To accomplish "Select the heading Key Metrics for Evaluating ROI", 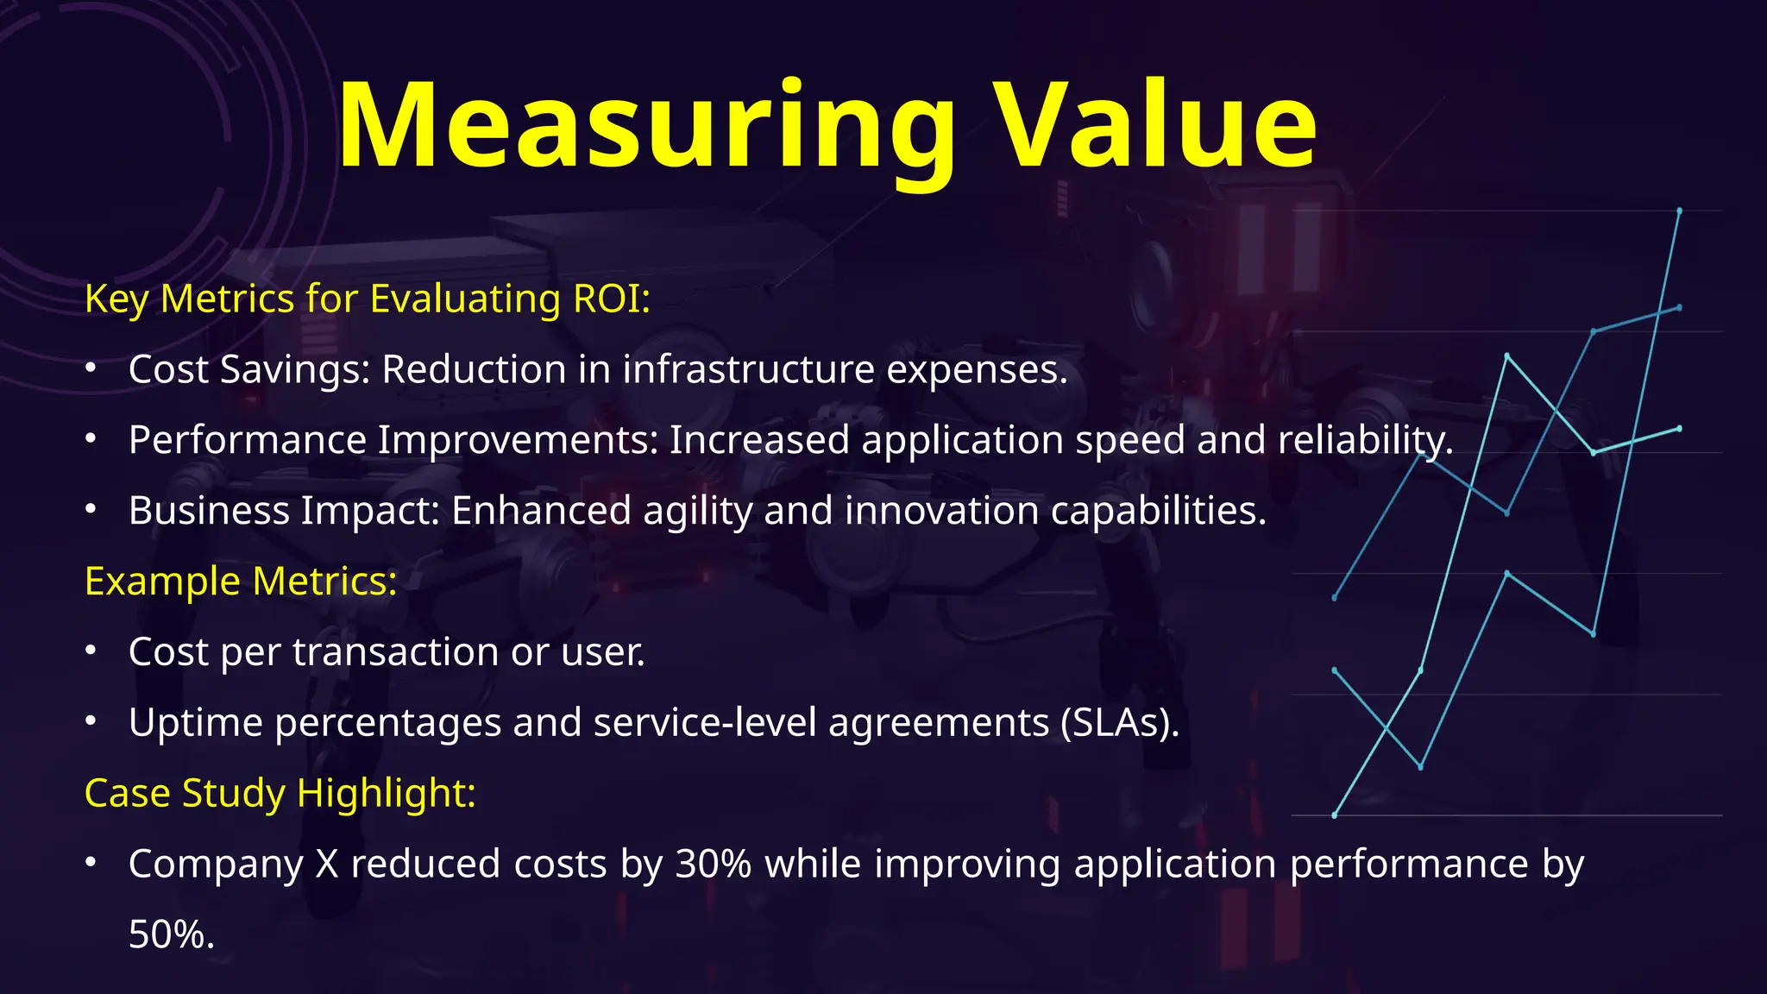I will point(368,299).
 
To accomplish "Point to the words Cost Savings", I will point(248,370).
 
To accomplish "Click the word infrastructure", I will point(749,370).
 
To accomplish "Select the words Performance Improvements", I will point(393,440).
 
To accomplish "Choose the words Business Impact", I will point(284,511).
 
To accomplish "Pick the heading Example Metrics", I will point(241,582).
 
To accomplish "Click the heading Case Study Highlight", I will point(280,793).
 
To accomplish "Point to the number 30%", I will point(713,864).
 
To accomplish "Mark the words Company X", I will point(233,864).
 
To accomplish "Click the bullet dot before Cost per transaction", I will point(91,651).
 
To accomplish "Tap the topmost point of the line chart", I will point(1679,211).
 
